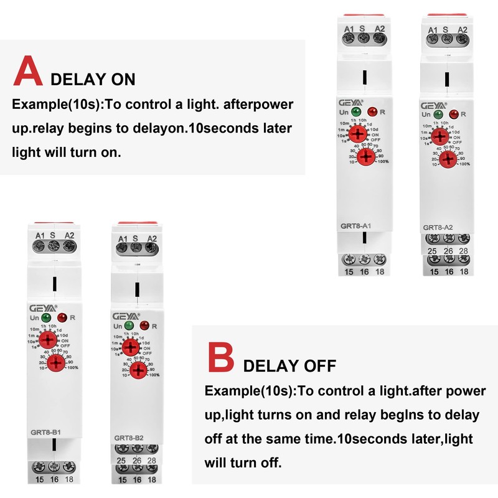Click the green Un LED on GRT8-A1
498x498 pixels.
pyautogui.click(x=356, y=111)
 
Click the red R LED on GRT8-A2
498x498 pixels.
pyautogui.click(x=454, y=114)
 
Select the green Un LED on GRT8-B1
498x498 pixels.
pyautogui.click(x=44, y=318)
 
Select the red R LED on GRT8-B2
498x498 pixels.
pyautogui.click(x=144, y=326)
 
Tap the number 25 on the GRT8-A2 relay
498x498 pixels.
pyautogui.click(x=431, y=251)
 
